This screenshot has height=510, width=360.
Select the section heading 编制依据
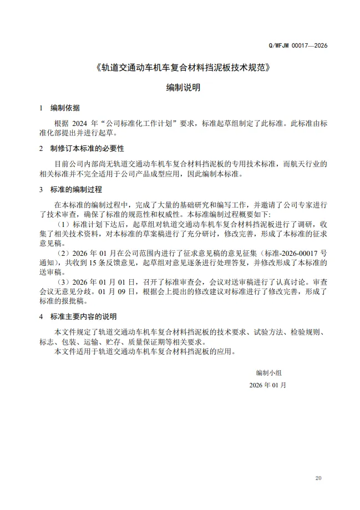click(65, 108)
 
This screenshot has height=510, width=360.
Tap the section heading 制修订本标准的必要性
click(87, 149)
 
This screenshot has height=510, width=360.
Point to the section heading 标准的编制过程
click(76, 189)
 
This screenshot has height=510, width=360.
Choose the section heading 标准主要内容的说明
click(83, 317)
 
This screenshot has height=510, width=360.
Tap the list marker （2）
click(65, 253)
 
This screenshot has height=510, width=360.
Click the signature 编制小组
click(268, 372)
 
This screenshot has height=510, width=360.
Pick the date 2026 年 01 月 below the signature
click(268, 385)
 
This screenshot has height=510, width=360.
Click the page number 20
click(318, 478)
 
